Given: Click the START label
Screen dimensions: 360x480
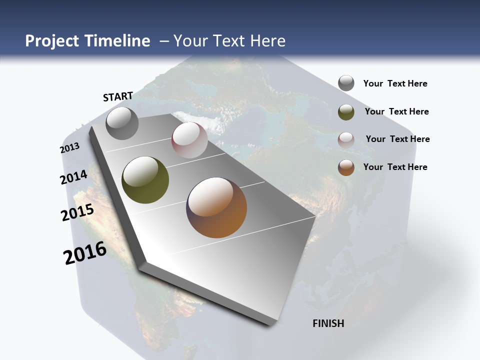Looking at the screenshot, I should [118, 96].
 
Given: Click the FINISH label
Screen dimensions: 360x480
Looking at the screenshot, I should [328, 323].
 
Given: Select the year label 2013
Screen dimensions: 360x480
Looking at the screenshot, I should [70, 148].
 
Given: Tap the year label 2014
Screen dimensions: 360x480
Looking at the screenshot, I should [74, 177].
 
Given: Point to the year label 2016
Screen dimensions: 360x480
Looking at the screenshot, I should [85, 253].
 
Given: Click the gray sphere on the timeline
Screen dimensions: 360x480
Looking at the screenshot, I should [122, 123].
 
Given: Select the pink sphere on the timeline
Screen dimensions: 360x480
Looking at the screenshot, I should [189, 140].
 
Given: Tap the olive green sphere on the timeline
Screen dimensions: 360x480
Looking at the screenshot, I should [145, 180].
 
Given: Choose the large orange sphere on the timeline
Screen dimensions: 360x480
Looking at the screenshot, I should [217, 207].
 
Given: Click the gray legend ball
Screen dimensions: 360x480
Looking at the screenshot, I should [346, 83].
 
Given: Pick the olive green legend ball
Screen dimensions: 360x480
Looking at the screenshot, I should [346, 112].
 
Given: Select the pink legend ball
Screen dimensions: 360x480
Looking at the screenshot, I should [346, 140].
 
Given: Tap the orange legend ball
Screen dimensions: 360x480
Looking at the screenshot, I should [346, 167].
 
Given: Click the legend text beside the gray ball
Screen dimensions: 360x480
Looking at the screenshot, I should [395, 84].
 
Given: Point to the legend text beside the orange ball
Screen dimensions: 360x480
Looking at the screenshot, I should [395, 167].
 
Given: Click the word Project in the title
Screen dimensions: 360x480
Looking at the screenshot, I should [51, 41].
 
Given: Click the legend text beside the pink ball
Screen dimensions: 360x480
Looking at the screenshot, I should [397, 139].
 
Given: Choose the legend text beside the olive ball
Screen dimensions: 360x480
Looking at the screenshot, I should [396, 111].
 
